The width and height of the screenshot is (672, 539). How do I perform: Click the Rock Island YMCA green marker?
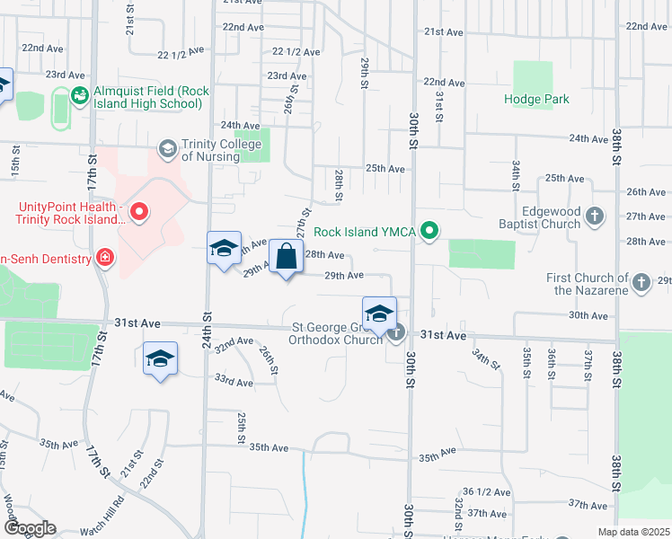pos(429,232)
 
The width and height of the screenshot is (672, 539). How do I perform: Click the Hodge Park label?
pos(536,100)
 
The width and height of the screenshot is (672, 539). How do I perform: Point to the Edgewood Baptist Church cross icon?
pos(595,216)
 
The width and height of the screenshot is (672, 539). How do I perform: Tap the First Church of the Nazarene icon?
pos(641,283)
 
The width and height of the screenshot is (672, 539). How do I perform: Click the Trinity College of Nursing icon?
pos(167,146)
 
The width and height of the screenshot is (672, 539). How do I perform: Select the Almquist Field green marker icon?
pos(79,93)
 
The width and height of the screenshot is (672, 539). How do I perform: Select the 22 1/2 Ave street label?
pos(296,52)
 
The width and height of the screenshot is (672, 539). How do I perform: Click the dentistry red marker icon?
pos(105,259)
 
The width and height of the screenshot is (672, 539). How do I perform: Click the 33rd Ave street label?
pos(233,382)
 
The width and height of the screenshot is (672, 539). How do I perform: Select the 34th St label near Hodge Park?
pos(516,171)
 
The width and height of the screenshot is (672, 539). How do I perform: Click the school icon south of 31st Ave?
pos(161,358)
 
